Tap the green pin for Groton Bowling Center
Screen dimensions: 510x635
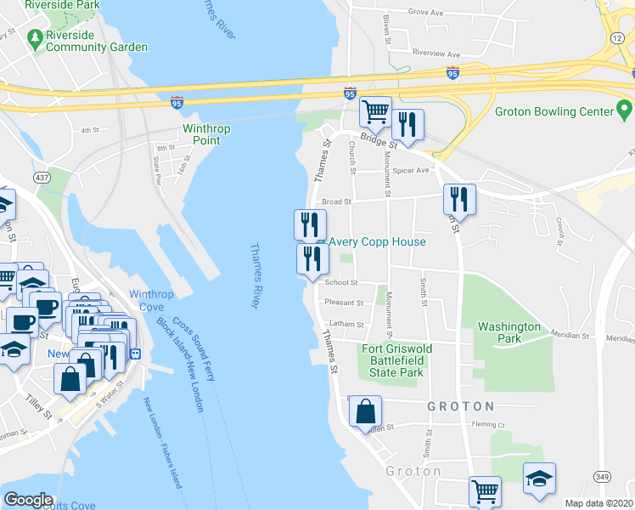point(624,110)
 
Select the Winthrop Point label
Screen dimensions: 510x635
point(206,134)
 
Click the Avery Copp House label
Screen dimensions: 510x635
point(377,241)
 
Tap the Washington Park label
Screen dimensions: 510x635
point(509,332)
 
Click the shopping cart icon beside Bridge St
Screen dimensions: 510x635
point(374,111)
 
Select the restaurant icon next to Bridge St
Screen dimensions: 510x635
point(407,125)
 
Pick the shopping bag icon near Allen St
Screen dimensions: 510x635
point(365,411)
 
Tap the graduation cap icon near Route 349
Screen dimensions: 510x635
point(539,479)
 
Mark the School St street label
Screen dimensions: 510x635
point(341,283)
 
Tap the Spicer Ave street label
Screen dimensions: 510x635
point(411,170)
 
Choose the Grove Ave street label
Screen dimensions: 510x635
point(426,13)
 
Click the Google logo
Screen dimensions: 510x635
point(28,499)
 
